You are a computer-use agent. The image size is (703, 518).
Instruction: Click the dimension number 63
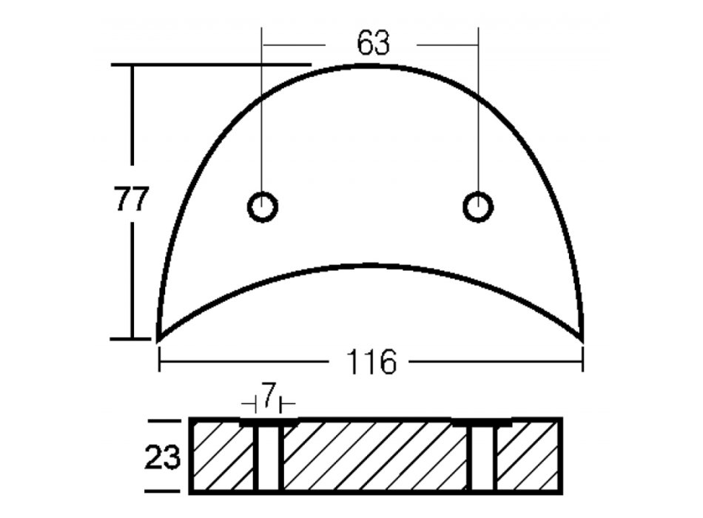click(x=373, y=43)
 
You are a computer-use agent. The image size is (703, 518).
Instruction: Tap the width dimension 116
click(x=371, y=362)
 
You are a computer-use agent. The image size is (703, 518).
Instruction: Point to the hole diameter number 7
click(x=268, y=395)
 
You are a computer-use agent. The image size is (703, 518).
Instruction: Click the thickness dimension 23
click(x=163, y=457)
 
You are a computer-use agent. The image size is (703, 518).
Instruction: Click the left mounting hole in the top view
click(x=263, y=206)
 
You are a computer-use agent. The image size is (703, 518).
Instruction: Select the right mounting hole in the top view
click(x=478, y=206)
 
